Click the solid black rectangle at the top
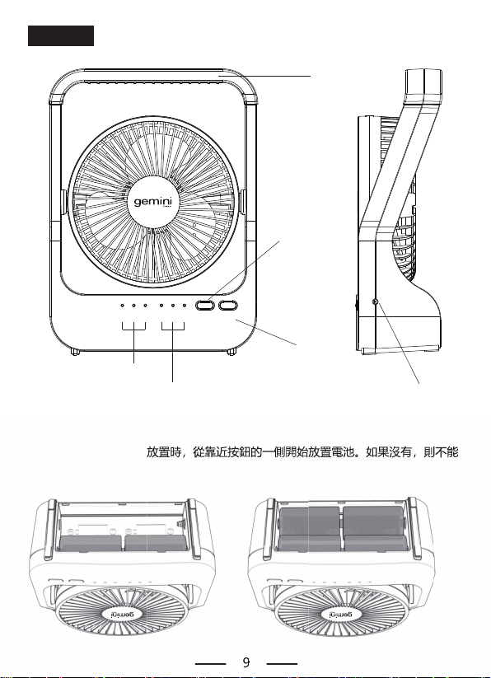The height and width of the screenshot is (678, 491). tap(61, 35)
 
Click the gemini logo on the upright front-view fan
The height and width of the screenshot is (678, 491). tap(153, 203)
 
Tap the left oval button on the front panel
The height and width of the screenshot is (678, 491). tap(205, 306)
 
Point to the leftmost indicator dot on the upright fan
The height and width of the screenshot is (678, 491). tap(122, 306)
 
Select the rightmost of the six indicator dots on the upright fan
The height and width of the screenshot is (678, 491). tap(185, 306)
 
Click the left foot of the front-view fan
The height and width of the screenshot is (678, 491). tap(76, 352)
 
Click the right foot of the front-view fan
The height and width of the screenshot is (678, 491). tap(231, 352)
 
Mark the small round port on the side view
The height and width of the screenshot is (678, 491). tap(375, 302)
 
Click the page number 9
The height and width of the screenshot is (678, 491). tap(246, 662)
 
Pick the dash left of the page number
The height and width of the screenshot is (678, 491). tap(211, 663)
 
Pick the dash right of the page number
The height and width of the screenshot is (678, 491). tap(282, 663)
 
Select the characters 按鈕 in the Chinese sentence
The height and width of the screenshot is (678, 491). tap(240, 452)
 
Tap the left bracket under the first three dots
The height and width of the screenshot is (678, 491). tap(133, 326)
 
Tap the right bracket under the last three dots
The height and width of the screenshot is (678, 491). tap(173, 326)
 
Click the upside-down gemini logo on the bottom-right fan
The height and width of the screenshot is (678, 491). tap(340, 614)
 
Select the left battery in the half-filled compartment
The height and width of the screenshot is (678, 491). tap(91, 544)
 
